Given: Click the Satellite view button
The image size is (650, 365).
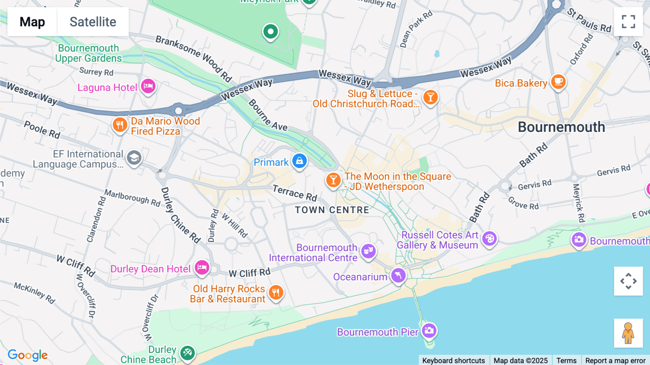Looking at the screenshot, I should (x=93, y=22).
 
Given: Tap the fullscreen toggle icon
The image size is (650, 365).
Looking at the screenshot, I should (x=628, y=22).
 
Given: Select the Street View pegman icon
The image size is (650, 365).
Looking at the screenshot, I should (x=628, y=333).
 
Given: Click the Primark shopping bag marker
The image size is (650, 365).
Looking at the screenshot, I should (x=299, y=161).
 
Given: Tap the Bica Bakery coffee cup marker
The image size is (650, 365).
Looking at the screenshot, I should (x=558, y=82).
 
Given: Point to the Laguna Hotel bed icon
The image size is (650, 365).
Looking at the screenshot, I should (x=148, y=86).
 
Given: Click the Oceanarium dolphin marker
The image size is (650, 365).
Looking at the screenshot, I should (x=398, y=276).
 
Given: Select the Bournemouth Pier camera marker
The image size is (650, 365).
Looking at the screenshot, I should (x=429, y=330).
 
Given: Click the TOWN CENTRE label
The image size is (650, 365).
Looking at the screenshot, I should (x=332, y=210).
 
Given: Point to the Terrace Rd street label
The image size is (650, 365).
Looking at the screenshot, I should (x=295, y=192).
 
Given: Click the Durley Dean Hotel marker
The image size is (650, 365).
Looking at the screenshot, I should (x=202, y=268).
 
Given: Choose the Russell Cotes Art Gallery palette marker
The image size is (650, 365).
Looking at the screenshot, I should (x=490, y=239).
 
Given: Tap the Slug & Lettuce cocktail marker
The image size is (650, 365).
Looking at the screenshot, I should (x=430, y=97).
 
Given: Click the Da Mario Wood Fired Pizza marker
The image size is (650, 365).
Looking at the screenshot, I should (x=120, y=125).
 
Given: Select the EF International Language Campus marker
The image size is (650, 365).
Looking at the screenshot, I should (x=134, y=158).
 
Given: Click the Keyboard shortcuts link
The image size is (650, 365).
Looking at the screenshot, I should (x=453, y=360).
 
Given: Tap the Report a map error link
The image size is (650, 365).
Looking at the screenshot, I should (x=615, y=360).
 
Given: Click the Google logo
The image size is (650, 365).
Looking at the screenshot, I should (x=27, y=355).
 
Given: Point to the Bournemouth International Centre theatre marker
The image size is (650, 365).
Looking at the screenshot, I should (x=368, y=250).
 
